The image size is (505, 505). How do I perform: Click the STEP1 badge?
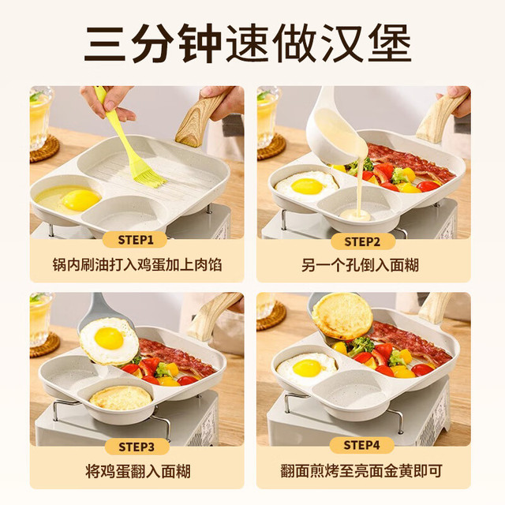coord(135,240)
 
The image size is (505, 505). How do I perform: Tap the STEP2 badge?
coord(363,241)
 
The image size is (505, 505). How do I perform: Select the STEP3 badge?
coord(137,447)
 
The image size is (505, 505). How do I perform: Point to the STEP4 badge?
coord(361,445)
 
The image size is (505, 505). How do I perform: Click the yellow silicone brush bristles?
coord(151,177)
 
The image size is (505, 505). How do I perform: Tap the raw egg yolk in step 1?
coord(80,200)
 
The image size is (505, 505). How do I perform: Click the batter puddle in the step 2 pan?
coord(355,215)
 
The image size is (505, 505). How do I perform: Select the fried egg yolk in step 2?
coord(308,186)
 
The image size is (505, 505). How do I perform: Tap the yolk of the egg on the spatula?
coord(109,339)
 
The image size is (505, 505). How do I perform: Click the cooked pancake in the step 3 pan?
coord(121,398)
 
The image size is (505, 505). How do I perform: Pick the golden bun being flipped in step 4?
coord(342,316)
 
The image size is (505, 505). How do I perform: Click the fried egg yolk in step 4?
coord(307,368)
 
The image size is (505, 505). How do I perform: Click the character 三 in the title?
coord(105,43)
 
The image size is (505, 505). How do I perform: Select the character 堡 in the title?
coord(390,43)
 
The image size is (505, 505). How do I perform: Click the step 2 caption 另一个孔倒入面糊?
coord(360,266)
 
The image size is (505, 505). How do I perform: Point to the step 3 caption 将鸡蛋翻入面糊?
coord(138,471)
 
